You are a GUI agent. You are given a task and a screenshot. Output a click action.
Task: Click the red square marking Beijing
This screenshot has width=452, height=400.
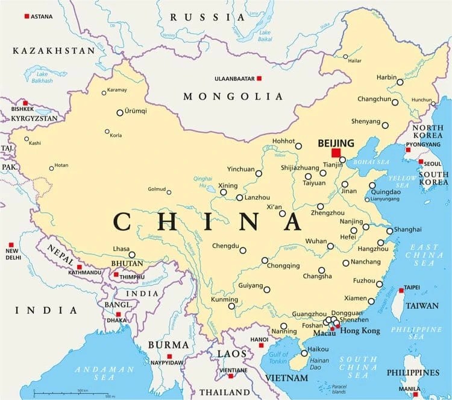click(x=336, y=153)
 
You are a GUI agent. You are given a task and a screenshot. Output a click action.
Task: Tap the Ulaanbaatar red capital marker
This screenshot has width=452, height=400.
click(x=259, y=78)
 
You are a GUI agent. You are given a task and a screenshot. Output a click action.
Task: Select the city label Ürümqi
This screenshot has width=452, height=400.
click(x=135, y=111)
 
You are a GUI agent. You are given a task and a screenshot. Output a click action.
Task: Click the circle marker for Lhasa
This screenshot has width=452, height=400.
click(x=132, y=255)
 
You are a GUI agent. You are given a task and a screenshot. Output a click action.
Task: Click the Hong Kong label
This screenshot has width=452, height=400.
click(x=362, y=331)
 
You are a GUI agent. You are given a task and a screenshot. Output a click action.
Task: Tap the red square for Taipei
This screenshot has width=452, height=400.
click(x=401, y=290)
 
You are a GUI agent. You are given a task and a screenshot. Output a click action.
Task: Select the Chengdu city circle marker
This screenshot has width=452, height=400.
click(x=244, y=249)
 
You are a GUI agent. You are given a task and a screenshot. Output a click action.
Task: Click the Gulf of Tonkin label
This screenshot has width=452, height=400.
click(x=278, y=357)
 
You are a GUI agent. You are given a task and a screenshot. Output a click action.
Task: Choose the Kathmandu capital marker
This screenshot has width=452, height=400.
click(x=79, y=266)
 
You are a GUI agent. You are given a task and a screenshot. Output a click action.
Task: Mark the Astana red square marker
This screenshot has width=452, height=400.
click(x=27, y=16)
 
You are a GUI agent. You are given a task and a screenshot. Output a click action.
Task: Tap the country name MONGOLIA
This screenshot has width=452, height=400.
click(x=233, y=97)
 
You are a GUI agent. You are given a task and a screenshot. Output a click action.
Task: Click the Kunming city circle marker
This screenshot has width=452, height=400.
click(x=231, y=306)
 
